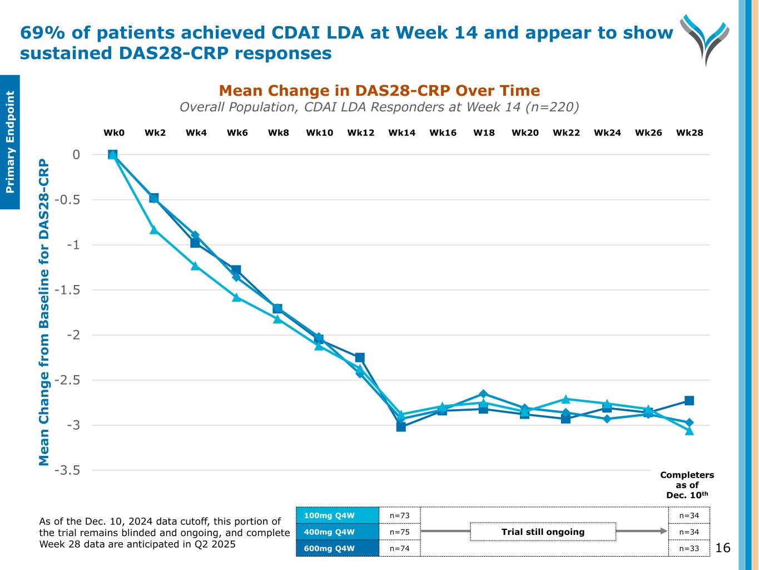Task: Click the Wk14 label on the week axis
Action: coord(401,133)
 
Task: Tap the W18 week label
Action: coord(484,133)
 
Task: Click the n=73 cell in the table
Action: coord(400,515)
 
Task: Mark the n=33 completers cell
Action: coord(689,549)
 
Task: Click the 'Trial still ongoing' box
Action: coord(543,532)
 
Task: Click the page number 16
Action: coord(723,548)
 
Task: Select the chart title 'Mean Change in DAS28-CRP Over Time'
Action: coord(379,91)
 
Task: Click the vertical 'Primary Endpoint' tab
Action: coord(10,142)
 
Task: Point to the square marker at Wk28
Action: coord(689,401)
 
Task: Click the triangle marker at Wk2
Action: coord(154,229)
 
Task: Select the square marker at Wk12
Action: coord(360,357)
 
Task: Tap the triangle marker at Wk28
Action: coord(689,431)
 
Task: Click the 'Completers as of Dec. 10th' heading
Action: coord(687,485)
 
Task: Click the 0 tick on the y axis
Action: coord(76,155)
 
